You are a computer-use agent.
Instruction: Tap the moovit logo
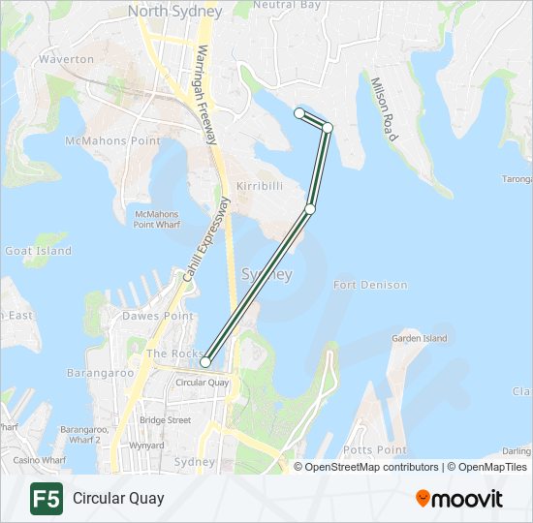pos(459,499)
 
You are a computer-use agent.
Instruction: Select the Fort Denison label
pos(369,286)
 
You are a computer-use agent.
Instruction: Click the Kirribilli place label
pos(259,184)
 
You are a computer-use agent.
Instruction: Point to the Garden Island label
pos(419,339)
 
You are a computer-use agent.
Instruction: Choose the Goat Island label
pos(39,251)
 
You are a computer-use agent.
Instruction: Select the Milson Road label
pos(384,109)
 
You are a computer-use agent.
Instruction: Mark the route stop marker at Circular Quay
pos(205,362)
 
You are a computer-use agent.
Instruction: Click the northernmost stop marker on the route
pos(299,113)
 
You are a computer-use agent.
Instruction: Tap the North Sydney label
pos(174,12)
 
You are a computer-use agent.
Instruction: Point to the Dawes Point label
pos(157,317)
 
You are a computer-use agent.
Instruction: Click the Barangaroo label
pos(100,372)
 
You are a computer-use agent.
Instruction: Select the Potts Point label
pos(374,450)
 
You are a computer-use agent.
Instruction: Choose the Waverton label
pos(66,59)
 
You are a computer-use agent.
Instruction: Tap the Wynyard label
pos(147,446)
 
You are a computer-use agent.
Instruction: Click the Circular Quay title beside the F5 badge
pos(117,499)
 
